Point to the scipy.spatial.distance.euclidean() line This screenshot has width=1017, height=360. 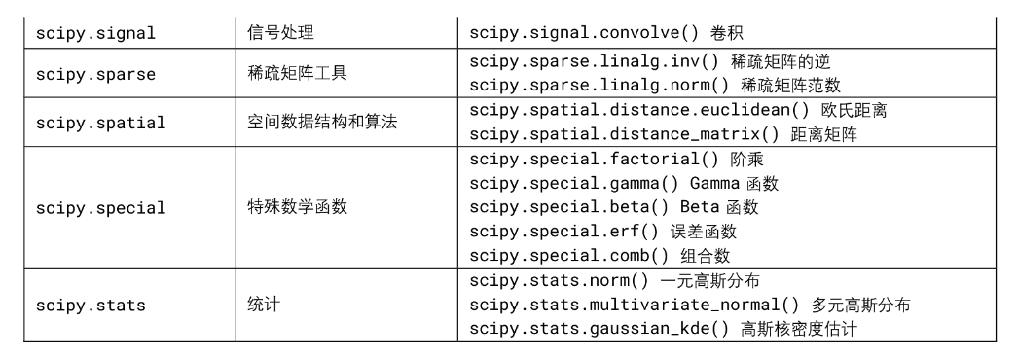(x=678, y=111)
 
